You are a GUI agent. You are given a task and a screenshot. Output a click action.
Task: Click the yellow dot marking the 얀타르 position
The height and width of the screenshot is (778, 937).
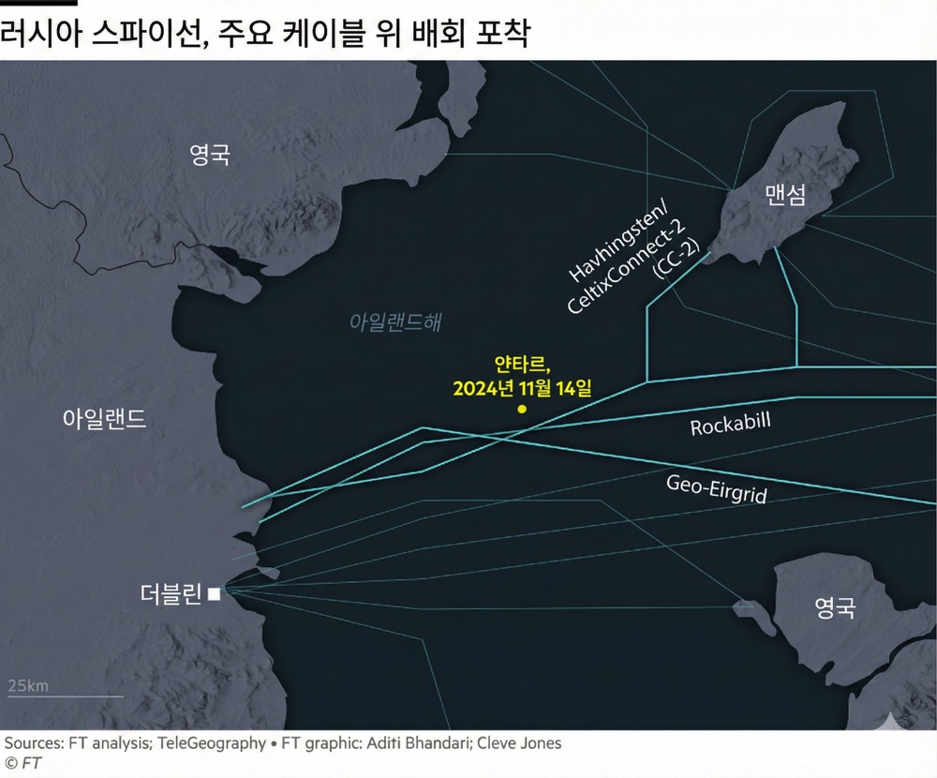coord(522,410)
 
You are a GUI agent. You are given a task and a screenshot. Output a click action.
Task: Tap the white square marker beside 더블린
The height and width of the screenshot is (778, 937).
coord(215,593)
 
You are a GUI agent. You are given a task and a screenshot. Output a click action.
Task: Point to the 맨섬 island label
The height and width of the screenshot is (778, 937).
coord(785,195)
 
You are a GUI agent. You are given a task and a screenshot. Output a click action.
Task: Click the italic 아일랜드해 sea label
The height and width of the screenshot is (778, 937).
coord(394,322)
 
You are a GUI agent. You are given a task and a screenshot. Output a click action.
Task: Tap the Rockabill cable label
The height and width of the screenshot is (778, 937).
coord(730,425)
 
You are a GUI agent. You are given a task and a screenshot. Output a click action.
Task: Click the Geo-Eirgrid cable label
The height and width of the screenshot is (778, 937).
coord(716,487)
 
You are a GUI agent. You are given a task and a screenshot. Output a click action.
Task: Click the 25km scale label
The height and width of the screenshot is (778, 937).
coord(28,685)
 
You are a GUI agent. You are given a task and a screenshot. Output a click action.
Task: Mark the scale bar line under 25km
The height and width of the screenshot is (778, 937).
coord(65,696)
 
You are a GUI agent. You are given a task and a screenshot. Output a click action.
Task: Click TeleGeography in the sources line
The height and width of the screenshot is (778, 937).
coord(212,743)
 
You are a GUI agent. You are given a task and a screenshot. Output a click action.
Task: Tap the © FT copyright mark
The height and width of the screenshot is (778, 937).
coord(22,764)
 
